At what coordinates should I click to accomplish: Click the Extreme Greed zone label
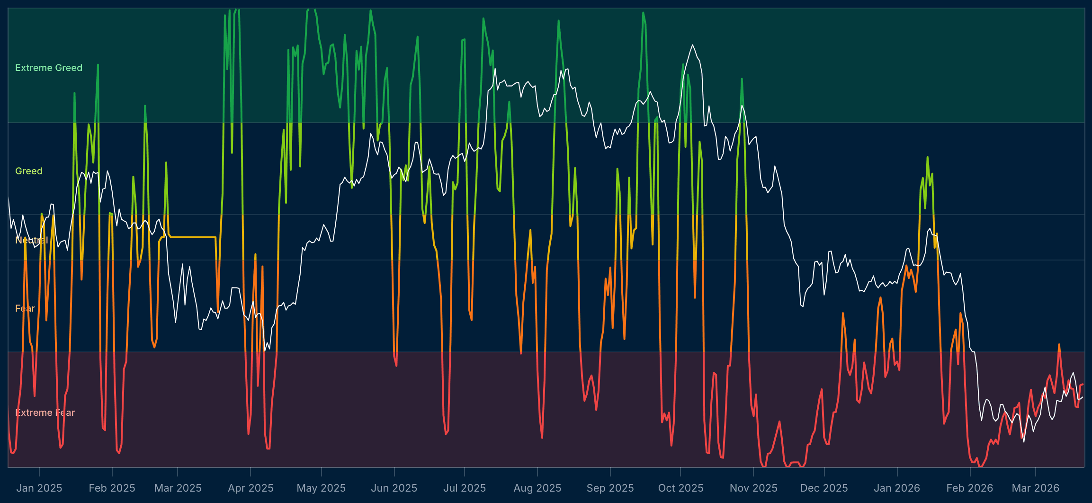(49, 68)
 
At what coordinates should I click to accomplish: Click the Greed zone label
(29, 171)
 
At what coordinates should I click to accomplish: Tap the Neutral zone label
(32, 240)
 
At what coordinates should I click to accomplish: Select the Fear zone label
(25, 308)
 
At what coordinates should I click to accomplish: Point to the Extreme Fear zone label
(45, 413)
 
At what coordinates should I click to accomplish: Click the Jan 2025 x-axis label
(39, 488)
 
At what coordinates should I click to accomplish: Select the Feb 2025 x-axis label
(112, 488)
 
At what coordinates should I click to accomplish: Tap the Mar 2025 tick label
(178, 488)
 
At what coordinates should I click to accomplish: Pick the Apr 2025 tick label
(251, 488)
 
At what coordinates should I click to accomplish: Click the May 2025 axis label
(321, 488)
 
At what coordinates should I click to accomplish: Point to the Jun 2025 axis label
(394, 488)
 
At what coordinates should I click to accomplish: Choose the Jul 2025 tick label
(465, 488)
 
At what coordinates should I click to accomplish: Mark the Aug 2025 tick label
(537, 488)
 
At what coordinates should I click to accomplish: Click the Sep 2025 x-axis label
(610, 488)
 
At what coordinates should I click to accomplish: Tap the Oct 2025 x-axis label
(681, 488)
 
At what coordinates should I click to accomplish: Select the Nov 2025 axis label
(753, 488)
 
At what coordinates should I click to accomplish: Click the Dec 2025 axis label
(824, 488)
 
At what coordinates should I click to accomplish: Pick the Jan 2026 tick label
(897, 488)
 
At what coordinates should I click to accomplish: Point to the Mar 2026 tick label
(1036, 488)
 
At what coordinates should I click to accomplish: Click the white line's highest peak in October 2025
(692, 45)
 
